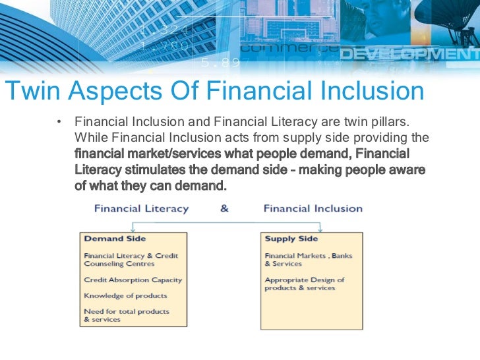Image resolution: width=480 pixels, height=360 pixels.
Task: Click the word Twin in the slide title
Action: click(x=31, y=92)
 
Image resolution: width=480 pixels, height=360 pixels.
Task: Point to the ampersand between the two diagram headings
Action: click(x=224, y=208)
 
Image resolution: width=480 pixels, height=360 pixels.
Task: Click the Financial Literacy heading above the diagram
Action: click(x=141, y=208)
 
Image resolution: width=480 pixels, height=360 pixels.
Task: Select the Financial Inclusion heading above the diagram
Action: click(x=313, y=208)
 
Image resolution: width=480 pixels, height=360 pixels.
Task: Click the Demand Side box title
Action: click(x=115, y=239)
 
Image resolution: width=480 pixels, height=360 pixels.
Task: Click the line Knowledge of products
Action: click(x=125, y=295)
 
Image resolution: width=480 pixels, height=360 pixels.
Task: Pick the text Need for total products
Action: click(x=126, y=311)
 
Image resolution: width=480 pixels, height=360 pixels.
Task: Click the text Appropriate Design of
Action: click(x=305, y=280)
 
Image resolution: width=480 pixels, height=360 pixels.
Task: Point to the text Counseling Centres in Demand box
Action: click(x=119, y=263)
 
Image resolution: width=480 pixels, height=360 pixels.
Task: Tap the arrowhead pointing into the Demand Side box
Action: click(x=134, y=229)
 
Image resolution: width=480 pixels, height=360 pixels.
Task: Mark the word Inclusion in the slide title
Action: click(x=369, y=92)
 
